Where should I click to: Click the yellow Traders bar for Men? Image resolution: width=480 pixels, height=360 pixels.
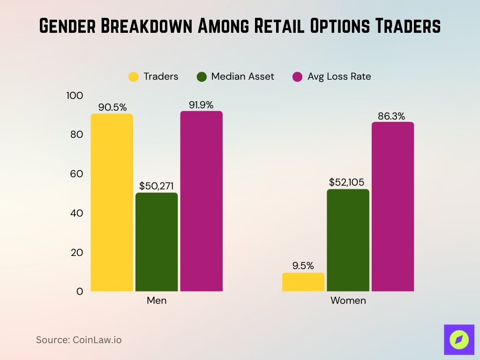[x=112, y=202]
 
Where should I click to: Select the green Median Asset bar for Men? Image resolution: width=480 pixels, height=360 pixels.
[x=157, y=242]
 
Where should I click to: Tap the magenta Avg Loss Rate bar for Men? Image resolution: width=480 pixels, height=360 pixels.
[x=201, y=201]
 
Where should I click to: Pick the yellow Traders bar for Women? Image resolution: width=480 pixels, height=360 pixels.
[x=303, y=282]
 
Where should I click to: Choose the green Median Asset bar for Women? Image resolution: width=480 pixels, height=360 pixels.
[x=348, y=240]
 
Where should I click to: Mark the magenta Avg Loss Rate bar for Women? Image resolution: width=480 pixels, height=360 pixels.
[x=393, y=207]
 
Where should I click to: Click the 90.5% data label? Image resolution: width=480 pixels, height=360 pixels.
[x=112, y=107]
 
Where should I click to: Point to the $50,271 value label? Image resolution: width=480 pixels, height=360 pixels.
[x=157, y=186]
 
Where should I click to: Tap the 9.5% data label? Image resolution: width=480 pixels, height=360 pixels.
[x=303, y=266]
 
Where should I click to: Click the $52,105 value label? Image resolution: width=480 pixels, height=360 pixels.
[x=348, y=182]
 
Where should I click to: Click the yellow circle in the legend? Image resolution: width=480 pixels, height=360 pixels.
[x=134, y=77]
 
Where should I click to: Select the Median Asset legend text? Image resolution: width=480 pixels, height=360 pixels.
[x=242, y=76]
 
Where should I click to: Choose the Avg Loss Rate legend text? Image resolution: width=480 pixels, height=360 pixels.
[x=339, y=76]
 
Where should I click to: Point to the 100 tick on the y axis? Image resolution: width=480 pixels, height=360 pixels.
[x=75, y=96]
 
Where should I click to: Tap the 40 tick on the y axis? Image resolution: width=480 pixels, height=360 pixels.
[x=76, y=213]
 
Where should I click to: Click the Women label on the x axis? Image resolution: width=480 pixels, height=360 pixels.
[x=348, y=300]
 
